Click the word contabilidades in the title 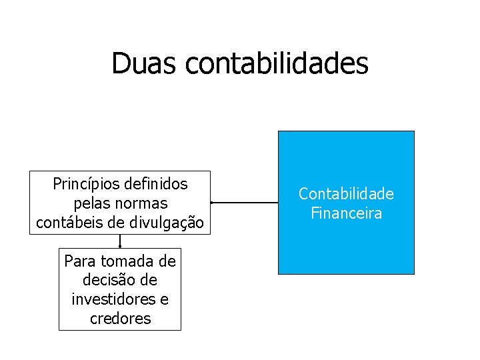pos(277,63)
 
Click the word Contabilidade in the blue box pos(346,194)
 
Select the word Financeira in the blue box pos(346,214)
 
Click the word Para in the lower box pos(79,261)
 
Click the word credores pos(120,319)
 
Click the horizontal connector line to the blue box pos(244,202)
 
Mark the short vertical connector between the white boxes pos(120,241)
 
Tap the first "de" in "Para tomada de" pos(166,261)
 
